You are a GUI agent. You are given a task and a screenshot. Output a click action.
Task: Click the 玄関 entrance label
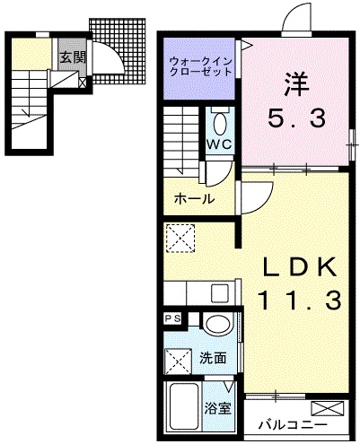(73, 57)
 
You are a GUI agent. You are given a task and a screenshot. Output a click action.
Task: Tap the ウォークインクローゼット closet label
(200, 66)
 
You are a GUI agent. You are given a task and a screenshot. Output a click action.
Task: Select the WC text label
(220, 144)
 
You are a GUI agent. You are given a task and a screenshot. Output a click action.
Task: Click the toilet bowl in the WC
(220, 124)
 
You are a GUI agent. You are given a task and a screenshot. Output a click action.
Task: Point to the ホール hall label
(195, 199)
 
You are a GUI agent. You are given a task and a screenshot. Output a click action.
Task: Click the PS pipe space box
(173, 318)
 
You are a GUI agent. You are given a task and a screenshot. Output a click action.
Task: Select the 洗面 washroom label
(213, 358)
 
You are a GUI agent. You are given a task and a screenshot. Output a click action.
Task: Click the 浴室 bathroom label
(218, 408)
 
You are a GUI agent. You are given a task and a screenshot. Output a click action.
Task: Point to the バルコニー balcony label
(294, 424)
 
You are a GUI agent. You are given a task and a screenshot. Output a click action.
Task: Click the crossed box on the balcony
(328, 408)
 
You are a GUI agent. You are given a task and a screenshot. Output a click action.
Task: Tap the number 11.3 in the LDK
(298, 300)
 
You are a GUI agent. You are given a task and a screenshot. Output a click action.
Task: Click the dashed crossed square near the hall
(180, 239)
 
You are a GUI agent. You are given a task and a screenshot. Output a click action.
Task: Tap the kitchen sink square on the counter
(220, 293)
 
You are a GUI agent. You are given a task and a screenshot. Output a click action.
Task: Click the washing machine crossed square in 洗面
(179, 361)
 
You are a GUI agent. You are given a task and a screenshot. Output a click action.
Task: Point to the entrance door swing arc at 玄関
(114, 56)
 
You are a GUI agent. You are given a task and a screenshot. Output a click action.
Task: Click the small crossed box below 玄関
(83, 83)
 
